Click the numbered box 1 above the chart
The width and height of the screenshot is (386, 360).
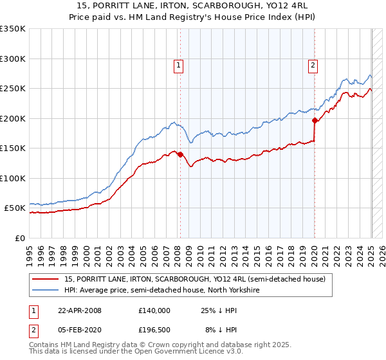point(178,64)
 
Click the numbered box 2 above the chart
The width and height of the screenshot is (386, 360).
point(313,64)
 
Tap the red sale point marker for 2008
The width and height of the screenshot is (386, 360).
point(180,154)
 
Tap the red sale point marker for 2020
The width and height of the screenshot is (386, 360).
point(315,120)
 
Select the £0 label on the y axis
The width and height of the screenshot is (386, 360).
point(21,238)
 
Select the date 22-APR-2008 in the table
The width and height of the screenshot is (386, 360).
point(79,310)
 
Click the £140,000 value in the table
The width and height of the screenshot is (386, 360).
point(154,310)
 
